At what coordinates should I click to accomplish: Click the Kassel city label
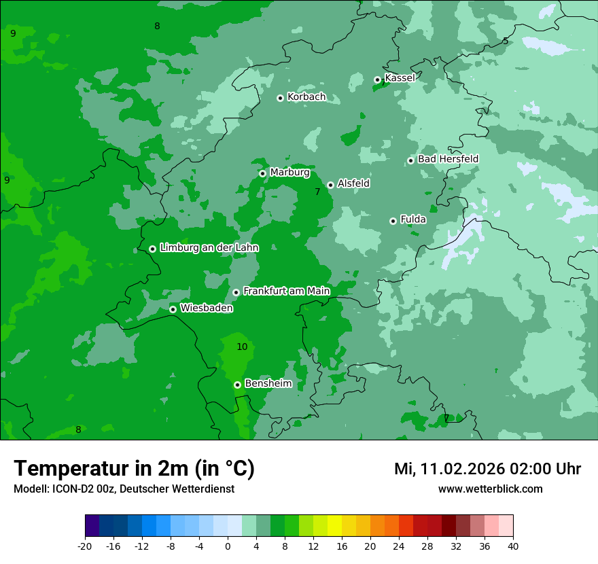(x=400, y=78)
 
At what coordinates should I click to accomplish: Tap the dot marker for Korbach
(x=280, y=98)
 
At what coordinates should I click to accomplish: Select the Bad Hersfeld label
(x=448, y=159)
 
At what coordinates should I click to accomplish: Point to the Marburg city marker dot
(x=262, y=173)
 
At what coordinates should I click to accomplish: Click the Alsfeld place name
(x=353, y=183)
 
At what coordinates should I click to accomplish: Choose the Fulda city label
(x=413, y=219)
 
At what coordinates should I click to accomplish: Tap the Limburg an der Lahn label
(x=209, y=248)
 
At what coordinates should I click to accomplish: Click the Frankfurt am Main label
(x=286, y=292)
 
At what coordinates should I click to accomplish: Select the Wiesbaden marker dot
(x=173, y=309)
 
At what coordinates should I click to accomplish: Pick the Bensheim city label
(x=268, y=384)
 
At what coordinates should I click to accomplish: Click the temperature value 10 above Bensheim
(x=242, y=347)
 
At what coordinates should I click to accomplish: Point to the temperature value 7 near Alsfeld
(x=317, y=192)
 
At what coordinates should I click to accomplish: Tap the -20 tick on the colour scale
(x=85, y=546)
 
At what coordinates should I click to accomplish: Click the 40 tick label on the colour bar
(x=512, y=546)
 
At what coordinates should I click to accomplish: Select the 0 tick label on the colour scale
(x=228, y=546)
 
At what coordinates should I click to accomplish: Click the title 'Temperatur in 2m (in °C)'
(x=134, y=469)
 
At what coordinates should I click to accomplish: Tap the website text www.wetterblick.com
(x=490, y=489)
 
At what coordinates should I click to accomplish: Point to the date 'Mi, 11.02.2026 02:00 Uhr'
(x=487, y=470)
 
